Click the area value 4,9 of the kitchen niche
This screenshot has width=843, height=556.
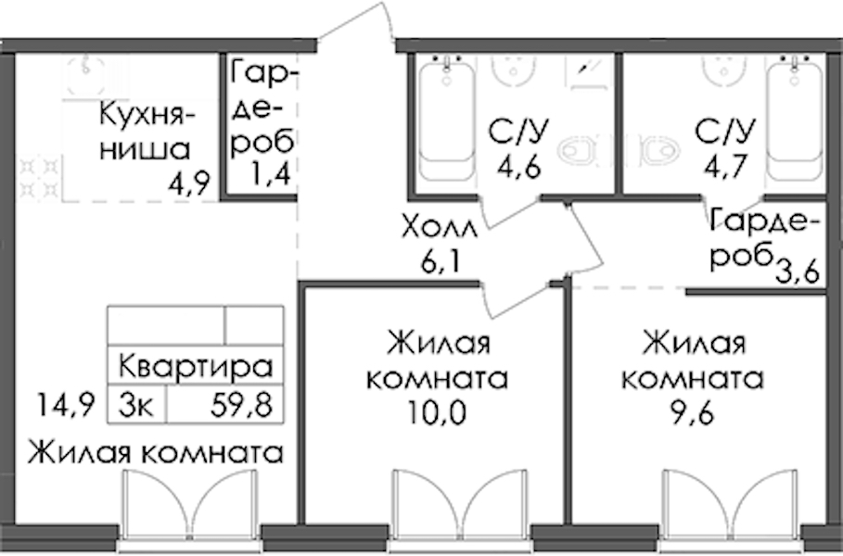click(x=188, y=184)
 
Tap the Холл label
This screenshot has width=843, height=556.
click(x=440, y=228)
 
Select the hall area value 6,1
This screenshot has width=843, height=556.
click(x=441, y=262)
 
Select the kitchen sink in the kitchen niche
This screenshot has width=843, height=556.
click(x=86, y=74)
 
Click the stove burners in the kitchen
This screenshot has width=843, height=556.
click(x=39, y=178)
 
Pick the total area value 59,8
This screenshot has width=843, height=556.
click(x=241, y=405)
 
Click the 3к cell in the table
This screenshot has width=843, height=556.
click(x=136, y=405)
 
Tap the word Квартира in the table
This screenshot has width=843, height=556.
click(x=196, y=366)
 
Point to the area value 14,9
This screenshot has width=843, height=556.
click(x=66, y=404)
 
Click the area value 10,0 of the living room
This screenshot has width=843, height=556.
click(x=437, y=412)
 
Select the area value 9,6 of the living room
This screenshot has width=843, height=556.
click(x=693, y=412)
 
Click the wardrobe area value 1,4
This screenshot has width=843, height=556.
click(x=272, y=173)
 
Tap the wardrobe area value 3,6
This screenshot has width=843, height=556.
click(x=798, y=272)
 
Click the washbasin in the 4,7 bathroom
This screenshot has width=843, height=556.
click(x=723, y=69)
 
